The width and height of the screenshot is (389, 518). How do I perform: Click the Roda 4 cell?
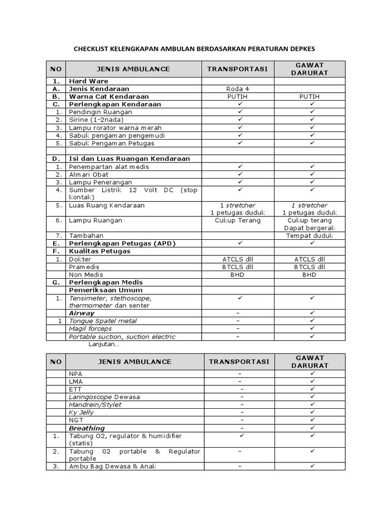point(238,89)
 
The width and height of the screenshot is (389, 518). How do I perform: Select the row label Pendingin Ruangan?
point(100,112)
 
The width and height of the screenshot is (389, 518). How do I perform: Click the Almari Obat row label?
point(89,175)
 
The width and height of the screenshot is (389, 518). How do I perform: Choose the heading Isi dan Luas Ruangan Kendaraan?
point(129,158)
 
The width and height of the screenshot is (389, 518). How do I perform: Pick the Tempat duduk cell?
point(309,236)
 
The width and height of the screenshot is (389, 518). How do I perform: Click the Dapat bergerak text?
point(309,228)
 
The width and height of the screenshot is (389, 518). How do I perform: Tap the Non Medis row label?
point(86,275)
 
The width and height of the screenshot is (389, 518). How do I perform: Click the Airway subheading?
point(82,313)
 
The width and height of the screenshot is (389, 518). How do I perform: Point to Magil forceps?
point(90,329)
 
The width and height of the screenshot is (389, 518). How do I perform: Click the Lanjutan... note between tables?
point(103,344)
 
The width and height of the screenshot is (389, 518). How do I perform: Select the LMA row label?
point(75,381)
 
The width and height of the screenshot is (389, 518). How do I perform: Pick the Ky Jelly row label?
point(81,412)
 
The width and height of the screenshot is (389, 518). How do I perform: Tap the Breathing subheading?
point(87,428)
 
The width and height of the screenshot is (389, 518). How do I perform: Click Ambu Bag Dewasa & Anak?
point(112,466)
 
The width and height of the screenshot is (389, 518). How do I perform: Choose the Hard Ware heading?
point(89,81)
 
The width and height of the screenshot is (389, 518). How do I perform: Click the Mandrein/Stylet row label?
point(95,405)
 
